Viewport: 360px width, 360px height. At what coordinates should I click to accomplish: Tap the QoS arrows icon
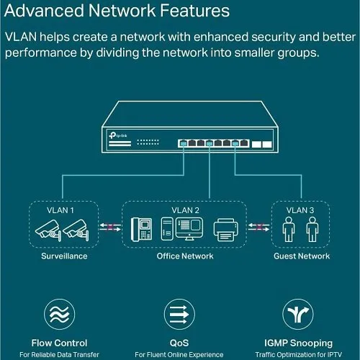tap(180, 314)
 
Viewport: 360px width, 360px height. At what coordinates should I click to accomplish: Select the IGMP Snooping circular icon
tap(296, 314)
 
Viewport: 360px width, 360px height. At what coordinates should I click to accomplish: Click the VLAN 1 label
tap(60, 210)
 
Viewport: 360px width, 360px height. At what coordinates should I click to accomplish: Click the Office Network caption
tap(184, 256)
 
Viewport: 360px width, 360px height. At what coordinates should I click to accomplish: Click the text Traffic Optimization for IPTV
tap(296, 354)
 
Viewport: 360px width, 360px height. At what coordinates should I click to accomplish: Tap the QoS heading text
tap(180, 343)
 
